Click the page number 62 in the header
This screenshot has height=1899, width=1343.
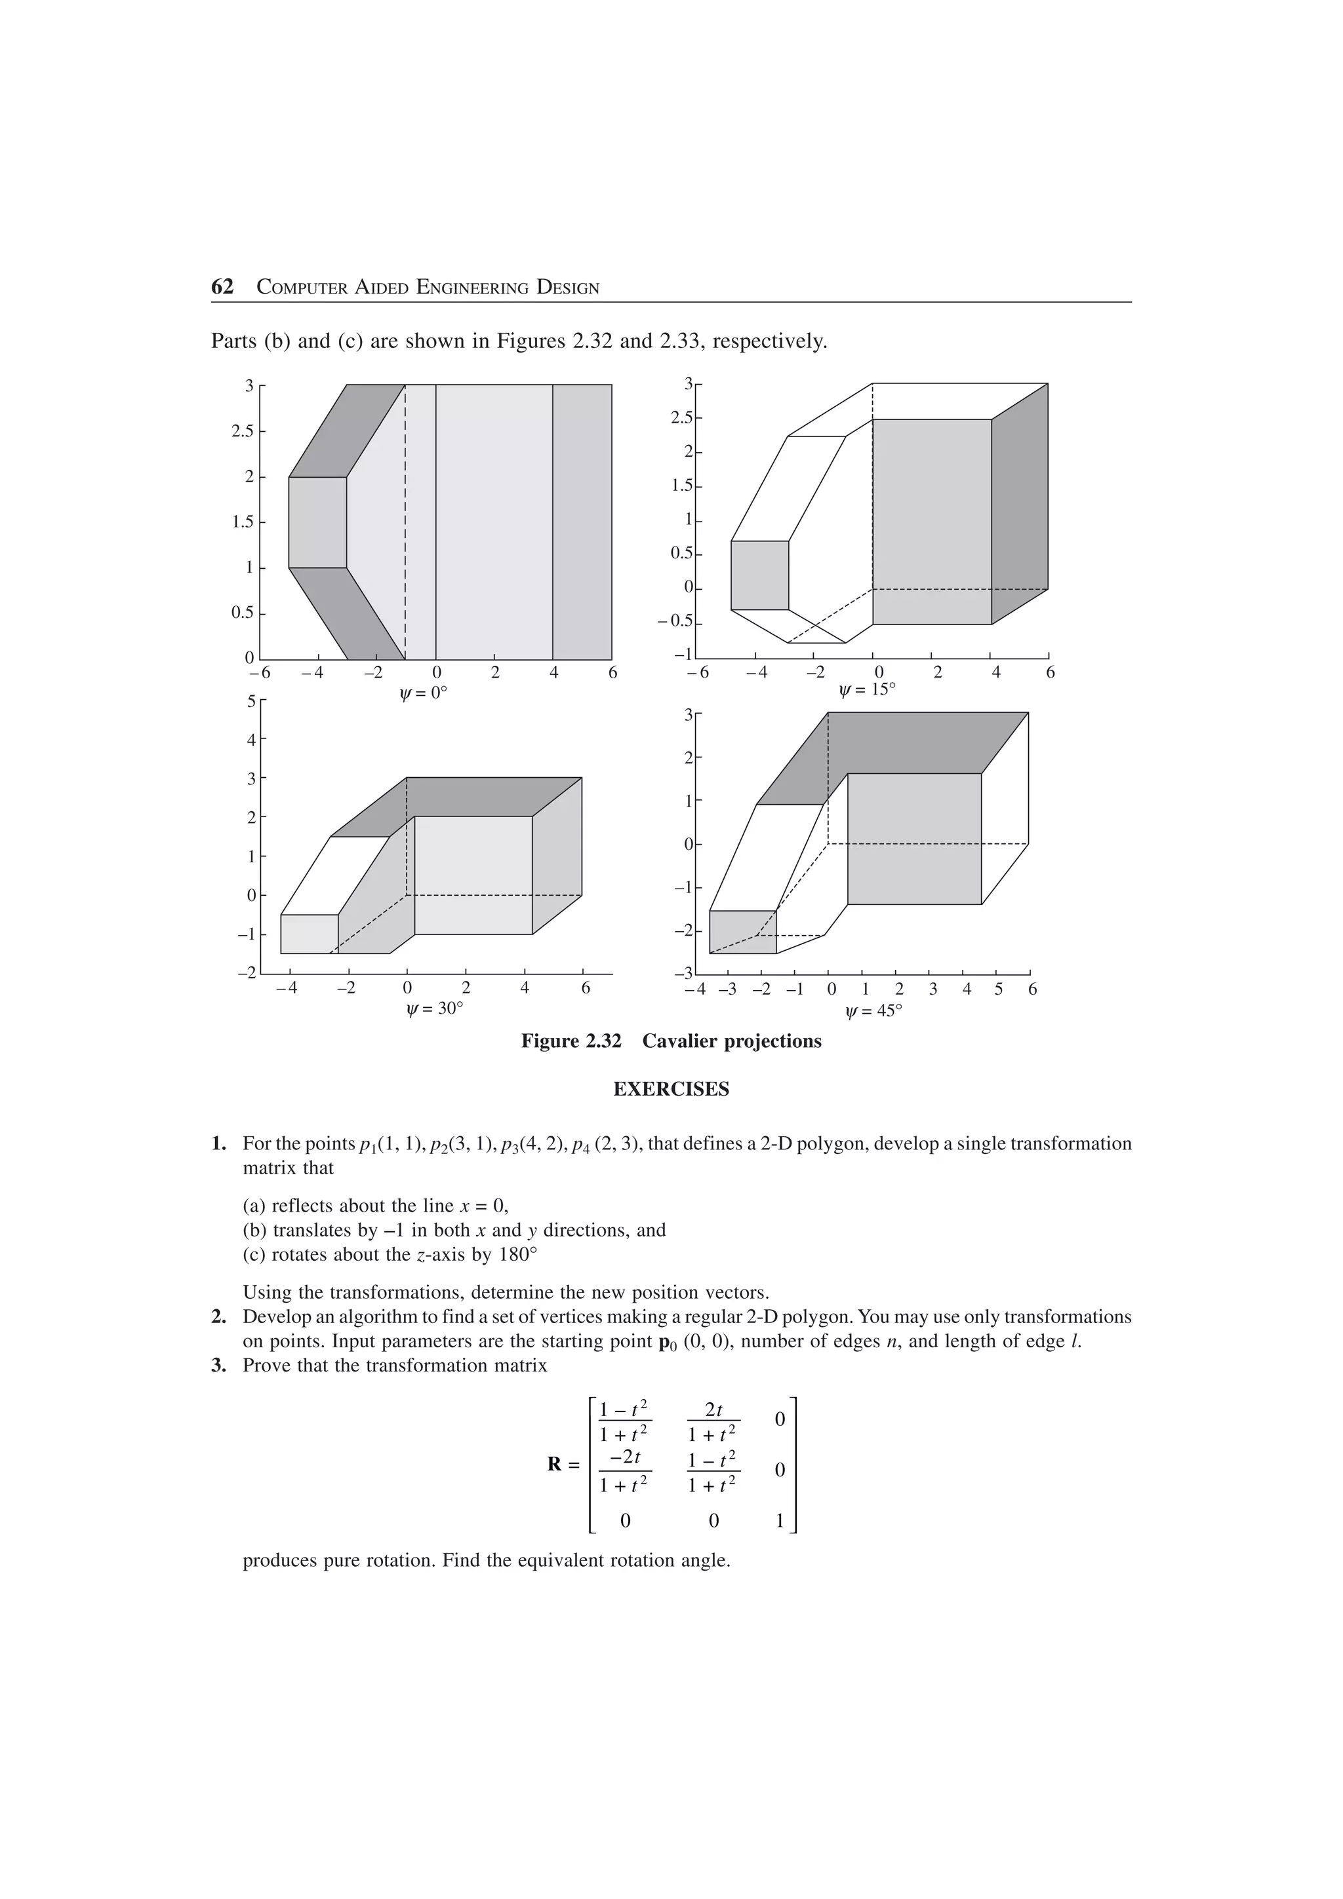click(222, 287)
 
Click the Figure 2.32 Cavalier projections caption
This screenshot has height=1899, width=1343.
click(671, 1041)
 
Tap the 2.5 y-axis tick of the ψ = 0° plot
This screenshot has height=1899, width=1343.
click(243, 432)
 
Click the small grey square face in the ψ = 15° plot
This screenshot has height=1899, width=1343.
click(759, 575)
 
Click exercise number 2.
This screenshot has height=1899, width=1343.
click(218, 1316)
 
